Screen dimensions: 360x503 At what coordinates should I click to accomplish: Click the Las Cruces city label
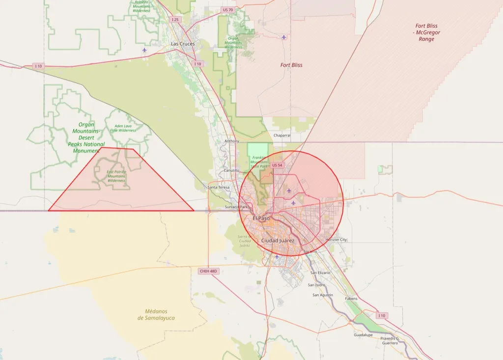(183, 44)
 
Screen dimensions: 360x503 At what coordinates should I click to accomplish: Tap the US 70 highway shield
(227, 10)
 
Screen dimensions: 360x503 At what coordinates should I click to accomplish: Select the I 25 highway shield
(175, 20)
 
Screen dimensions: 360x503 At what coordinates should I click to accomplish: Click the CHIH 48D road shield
(208, 271)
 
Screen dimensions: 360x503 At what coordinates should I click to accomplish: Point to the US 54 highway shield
(278, 166)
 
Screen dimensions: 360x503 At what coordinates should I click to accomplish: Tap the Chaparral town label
(282, 135)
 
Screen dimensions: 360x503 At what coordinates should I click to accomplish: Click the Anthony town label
(231, 141)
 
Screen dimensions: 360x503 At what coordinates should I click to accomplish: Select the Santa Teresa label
(219, 188)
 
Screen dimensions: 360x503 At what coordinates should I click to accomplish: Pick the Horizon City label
(336, 240)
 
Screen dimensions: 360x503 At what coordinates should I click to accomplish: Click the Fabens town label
(351, 298)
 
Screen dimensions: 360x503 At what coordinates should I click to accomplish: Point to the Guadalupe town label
(363, 335)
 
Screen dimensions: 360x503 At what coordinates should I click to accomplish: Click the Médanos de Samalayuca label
(156, 314)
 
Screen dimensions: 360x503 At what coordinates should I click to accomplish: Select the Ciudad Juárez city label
(278, 240)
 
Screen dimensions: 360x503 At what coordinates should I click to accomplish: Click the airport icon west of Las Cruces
(144, 50)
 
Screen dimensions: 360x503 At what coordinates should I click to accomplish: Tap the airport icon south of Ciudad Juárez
(277, 256)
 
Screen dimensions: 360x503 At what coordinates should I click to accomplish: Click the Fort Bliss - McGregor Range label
(426, 32)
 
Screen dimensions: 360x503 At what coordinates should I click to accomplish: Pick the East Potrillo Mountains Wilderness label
(117, 176)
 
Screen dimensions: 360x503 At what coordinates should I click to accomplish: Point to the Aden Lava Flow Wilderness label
(123, 128)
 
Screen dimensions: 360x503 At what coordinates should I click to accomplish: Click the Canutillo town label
(231, 170)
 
